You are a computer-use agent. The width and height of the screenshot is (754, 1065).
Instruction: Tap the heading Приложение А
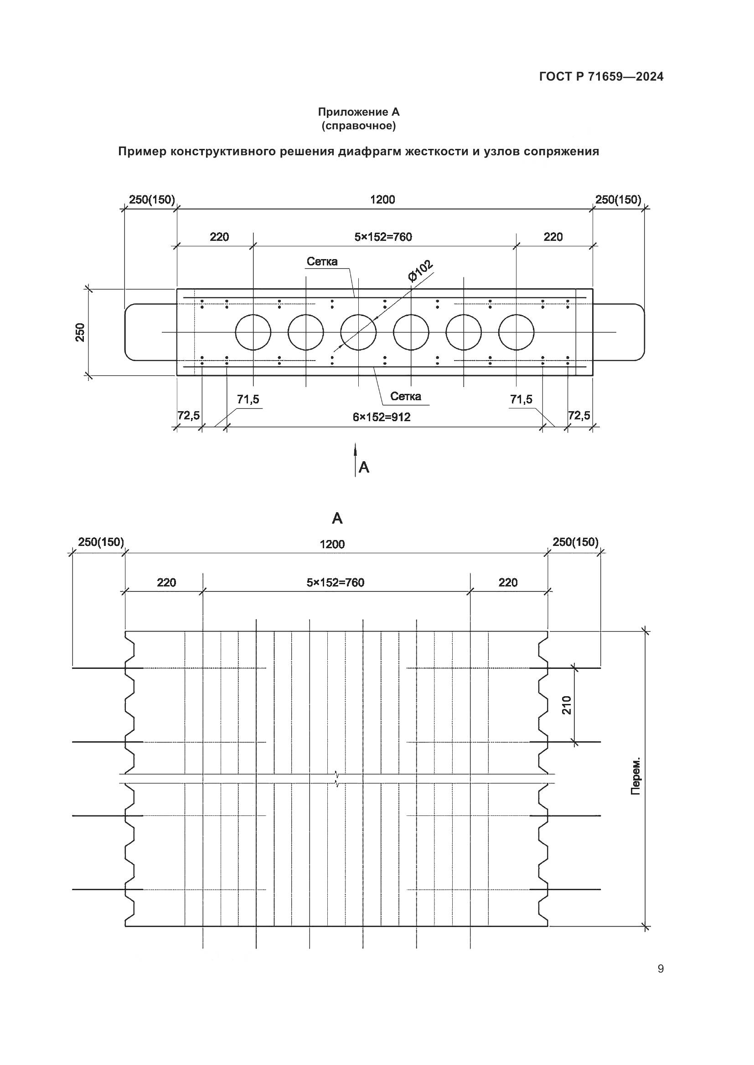pos(358,112)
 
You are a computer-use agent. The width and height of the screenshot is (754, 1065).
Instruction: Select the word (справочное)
pos(358,126)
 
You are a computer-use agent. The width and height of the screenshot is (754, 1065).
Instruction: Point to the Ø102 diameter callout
pos(420,271)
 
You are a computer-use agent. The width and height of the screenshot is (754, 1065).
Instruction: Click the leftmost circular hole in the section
pos(253,332)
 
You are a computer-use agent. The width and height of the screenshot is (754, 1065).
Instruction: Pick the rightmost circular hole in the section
pos(516,332)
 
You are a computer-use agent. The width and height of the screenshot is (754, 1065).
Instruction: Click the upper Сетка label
pos(322,262)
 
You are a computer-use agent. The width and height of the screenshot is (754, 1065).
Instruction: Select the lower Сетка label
pos(405,396)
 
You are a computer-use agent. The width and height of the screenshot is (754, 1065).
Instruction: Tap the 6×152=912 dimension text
pos(381,417)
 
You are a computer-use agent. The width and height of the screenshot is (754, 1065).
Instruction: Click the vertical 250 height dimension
pos(80,332)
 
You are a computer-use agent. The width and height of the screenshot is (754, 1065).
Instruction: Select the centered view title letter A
pos(337,519)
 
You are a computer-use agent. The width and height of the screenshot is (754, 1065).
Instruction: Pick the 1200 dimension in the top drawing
pos(382,199)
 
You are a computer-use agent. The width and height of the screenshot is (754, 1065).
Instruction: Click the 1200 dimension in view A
pos(332,544)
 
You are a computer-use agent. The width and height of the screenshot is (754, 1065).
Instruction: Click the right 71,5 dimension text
pos(521,399)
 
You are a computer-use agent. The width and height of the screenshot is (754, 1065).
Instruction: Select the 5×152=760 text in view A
pos(335,583)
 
